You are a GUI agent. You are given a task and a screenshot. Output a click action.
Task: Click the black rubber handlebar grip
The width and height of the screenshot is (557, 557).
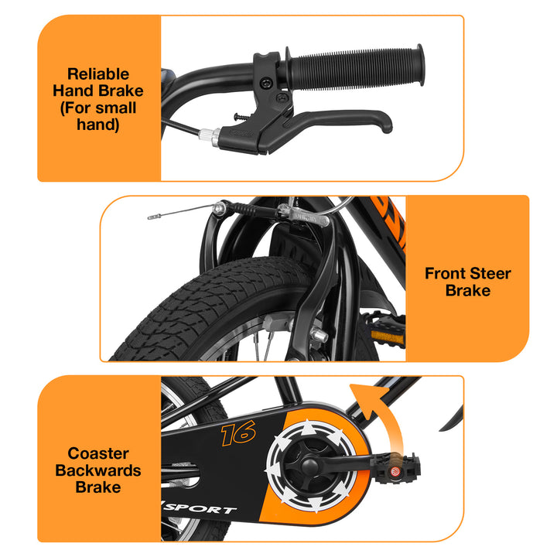(355, 67)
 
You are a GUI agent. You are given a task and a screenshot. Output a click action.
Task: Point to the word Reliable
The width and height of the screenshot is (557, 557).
(98, 74)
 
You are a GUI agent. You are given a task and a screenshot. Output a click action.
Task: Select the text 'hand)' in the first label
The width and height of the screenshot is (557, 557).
(98, 125)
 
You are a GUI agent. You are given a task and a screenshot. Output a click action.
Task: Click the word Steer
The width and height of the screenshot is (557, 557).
(490, 274)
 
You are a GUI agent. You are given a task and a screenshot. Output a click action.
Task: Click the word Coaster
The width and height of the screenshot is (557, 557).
(98, 453)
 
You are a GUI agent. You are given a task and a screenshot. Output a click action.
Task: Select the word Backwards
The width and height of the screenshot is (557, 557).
(98, 470)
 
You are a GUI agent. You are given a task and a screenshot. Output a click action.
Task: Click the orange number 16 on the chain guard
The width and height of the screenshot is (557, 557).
(238, 433)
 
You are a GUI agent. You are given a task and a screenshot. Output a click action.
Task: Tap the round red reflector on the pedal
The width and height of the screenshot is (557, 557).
(395, 471)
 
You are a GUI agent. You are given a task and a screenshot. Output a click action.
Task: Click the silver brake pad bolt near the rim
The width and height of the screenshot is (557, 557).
(318, 335)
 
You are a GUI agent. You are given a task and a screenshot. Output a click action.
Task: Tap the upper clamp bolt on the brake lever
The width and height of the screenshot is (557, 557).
(265, 84)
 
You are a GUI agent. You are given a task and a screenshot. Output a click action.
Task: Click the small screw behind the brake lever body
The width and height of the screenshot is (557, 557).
(241, 117)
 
